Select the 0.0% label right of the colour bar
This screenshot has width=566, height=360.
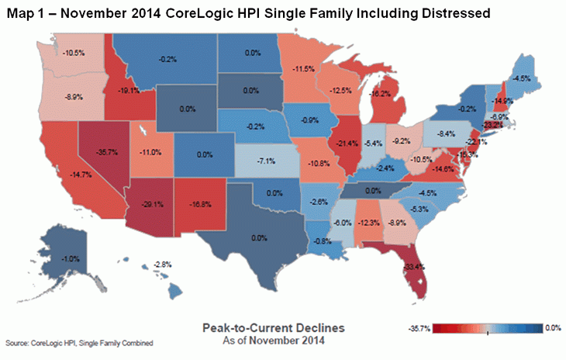tap(551, 329)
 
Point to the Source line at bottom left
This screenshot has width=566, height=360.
tap(78, 343)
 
